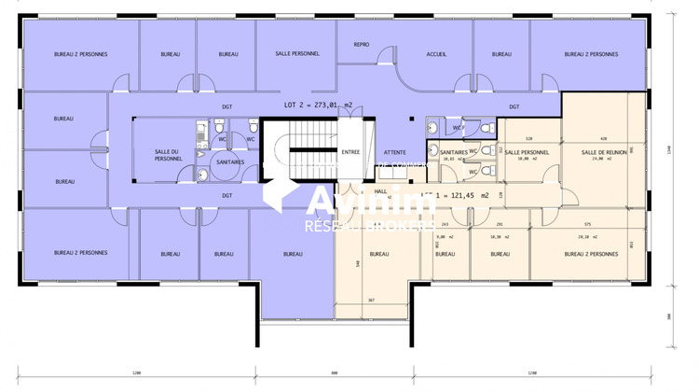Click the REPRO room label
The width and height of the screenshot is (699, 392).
coord(360,44)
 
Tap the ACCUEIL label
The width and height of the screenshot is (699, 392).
coord(436,54)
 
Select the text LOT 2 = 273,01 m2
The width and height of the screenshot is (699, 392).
coord(318,106)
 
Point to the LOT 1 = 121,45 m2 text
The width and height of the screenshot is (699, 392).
coord(457,195)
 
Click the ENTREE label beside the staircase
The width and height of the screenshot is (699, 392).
coord(350,151)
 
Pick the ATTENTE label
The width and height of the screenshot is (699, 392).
coord(396,151)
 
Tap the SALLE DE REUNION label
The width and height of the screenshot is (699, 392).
coord(600,152)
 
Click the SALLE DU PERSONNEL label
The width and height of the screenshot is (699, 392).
coord(169,155)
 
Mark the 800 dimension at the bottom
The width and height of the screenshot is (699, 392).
coord(332,373)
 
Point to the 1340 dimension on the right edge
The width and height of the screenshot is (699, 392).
coord(669,146)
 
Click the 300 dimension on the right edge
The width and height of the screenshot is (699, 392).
coord(669,316)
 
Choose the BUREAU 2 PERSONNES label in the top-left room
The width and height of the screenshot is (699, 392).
coord(80,54)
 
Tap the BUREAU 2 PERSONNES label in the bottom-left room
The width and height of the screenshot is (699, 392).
coord(80,252)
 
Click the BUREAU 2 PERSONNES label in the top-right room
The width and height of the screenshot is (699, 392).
coord(591,54)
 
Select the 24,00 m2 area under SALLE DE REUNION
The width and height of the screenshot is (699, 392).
coord(600,160)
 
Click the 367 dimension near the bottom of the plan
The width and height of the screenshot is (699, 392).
coord(370,300)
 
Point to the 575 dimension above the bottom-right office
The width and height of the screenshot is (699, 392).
coord(586,224)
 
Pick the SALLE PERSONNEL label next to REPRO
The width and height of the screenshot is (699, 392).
coord(297,54)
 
